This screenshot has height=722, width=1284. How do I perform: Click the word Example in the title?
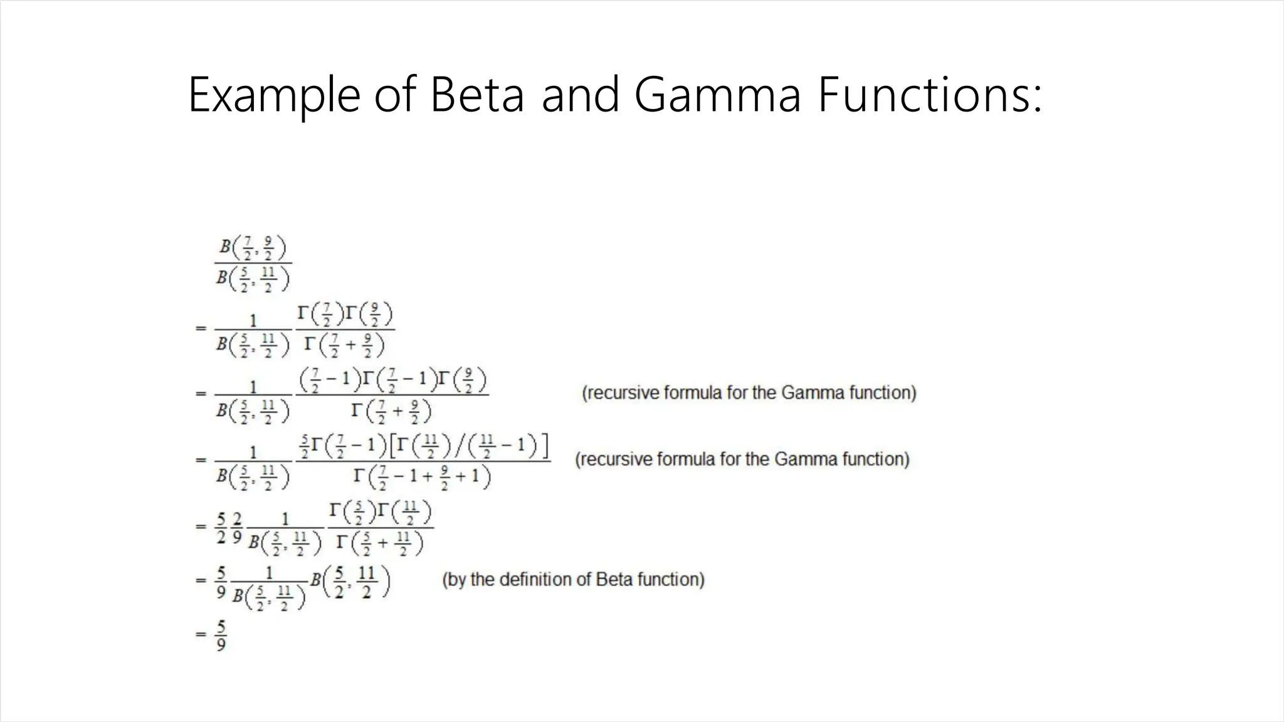(x=273, y=95)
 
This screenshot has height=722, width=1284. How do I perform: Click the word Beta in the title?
(x=476, y=95)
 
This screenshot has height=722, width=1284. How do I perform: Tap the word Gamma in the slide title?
(x=717, y=95)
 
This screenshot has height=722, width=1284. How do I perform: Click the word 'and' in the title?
(x=580, y=95)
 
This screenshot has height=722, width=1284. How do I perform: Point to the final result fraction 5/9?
(x=221, y=636)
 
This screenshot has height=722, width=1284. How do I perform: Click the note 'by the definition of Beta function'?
(x=573, y=580)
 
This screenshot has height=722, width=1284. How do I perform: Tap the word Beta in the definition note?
(x=613, y=580)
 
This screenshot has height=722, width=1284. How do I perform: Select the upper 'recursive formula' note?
(x=749, y=393)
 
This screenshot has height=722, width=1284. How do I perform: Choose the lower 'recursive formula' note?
(x=742, y=459)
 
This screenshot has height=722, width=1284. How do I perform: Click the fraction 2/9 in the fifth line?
(x=237, y=528)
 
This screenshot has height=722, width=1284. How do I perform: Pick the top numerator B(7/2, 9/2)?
(x=253, y=248)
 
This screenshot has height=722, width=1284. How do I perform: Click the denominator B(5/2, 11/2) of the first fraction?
(x=253, y=279)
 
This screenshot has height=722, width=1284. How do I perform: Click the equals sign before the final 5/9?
(x=200, y=634)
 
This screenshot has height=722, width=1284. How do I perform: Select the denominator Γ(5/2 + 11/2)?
(x=379, y=542)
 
